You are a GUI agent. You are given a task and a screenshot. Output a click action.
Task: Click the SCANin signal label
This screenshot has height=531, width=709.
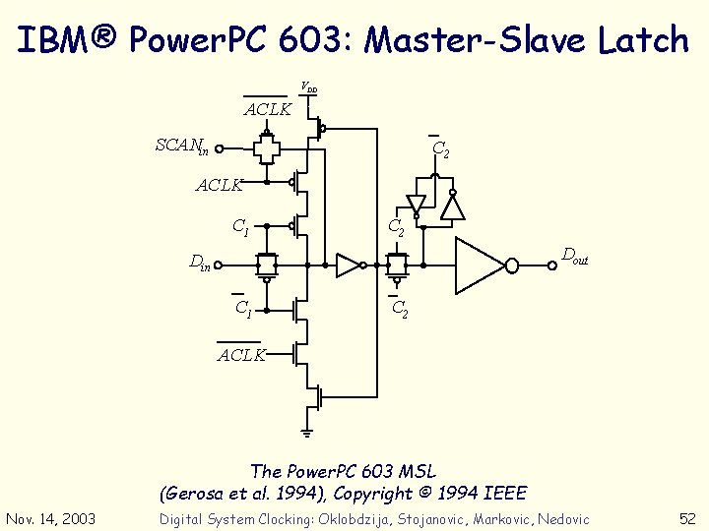(182, 147)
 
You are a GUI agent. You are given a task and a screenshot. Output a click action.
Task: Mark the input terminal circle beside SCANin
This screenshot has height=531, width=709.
(220, 150)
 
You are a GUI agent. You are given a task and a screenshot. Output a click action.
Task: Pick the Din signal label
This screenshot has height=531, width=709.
(200, 264)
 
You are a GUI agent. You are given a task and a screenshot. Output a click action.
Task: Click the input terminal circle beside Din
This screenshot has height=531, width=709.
(220, 265)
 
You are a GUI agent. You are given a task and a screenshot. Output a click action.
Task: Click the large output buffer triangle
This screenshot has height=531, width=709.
(479, 265)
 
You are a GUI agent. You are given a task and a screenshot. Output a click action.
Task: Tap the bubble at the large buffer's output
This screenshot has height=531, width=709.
(512, 265)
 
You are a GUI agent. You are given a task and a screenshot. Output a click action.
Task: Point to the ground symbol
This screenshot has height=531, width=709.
(306, 431)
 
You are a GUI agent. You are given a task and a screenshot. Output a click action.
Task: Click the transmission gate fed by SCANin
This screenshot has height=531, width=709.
(266, 149)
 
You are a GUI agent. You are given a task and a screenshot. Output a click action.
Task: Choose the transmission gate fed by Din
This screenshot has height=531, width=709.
(266, 265)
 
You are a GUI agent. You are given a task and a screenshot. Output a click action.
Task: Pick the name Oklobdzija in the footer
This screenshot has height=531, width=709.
(359, 519)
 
